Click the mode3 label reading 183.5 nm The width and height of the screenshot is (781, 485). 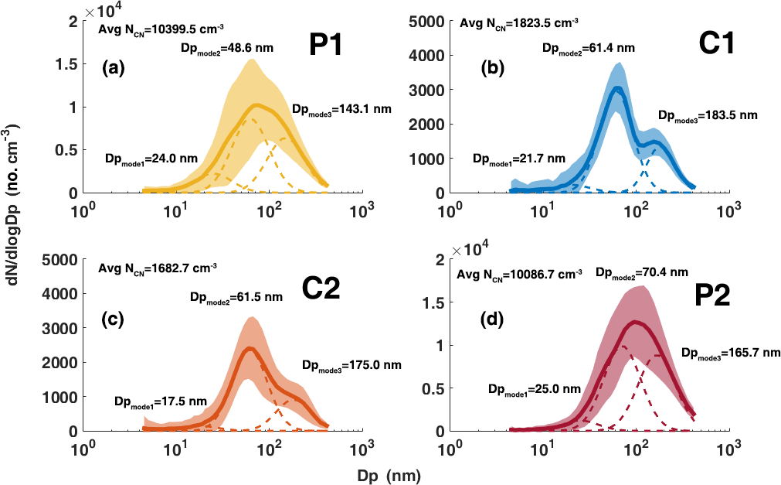pos(708,116)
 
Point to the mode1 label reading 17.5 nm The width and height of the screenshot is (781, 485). pos(158,401)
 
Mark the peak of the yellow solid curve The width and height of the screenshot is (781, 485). pos(257,105)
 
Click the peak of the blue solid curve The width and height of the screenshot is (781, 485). pos(616,87)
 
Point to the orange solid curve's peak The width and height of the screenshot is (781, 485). pos(250,348)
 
